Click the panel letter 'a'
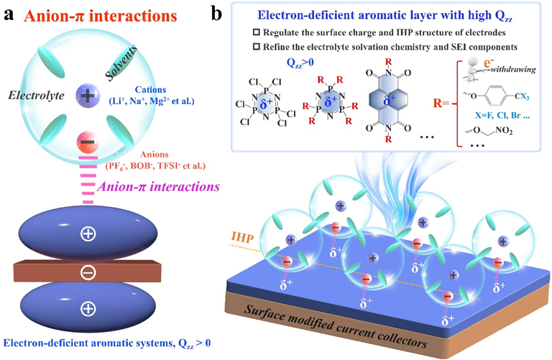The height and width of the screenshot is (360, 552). point(9,15)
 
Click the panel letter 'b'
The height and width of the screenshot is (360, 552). point(216,14)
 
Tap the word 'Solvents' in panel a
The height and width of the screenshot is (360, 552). point(121,63)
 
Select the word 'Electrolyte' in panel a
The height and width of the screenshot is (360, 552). point(36,96)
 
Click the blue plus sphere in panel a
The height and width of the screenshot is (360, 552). point(88,95)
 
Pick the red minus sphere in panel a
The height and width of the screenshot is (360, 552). point(88,142)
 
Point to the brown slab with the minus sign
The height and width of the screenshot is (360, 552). point(87,272)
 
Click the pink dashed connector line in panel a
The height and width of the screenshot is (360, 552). point(88,180)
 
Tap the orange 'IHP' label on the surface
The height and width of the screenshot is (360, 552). point(242,238)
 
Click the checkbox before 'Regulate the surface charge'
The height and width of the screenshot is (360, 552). point(257,32)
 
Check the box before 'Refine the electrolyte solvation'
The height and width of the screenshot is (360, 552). point(257,47)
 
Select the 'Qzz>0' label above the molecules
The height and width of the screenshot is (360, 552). point(300,63)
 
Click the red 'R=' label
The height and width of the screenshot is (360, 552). point(441,103)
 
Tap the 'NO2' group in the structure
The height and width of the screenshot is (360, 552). point(504,131)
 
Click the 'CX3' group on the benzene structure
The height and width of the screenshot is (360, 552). point(522,96)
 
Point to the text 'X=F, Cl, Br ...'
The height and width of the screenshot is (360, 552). point(502,115)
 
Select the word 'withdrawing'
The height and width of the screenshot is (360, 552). point(513,69)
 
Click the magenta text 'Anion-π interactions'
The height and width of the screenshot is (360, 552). point(158,187)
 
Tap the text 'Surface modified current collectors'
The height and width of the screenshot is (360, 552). point(335,326)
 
